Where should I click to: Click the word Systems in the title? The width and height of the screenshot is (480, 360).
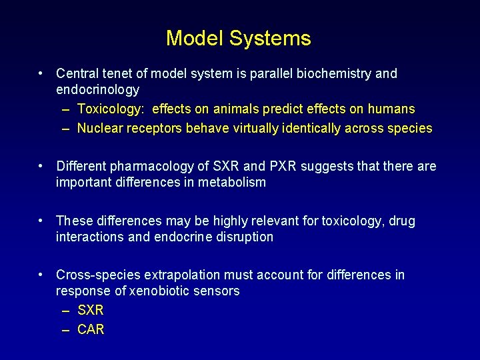coord(270,38)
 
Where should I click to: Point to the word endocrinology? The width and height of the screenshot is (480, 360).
coord(97,89)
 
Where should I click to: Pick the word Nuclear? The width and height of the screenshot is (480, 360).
coord(99,128)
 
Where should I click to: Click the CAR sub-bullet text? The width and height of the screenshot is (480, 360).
coord(91,329)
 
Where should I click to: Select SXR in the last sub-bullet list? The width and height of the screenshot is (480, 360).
coord(91,310)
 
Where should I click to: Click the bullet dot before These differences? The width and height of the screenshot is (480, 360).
coord(41,220)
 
